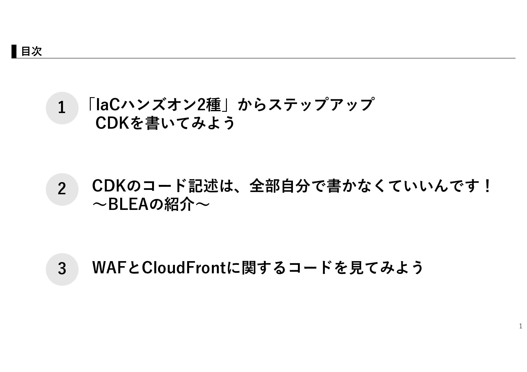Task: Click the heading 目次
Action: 32,51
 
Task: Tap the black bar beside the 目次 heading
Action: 14,51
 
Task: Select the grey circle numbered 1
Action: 62,108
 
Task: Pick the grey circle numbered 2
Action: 62,189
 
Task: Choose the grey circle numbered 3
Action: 62,269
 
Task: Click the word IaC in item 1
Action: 108,105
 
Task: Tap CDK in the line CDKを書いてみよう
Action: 112,123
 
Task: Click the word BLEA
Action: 128,204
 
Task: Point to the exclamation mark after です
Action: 488,186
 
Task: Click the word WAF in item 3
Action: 110,267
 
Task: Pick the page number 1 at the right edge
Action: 520,326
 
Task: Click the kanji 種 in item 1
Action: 213,105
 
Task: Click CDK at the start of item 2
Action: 109,186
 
